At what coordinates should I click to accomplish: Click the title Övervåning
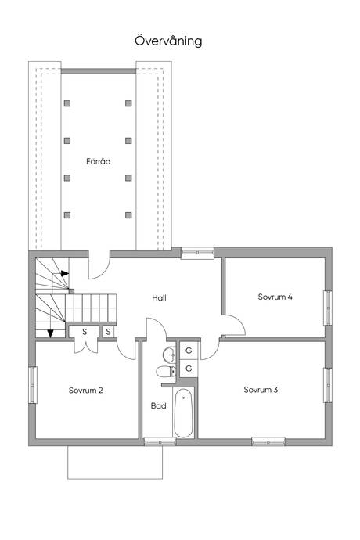point(168,41)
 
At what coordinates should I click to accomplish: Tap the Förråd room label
point(99,161)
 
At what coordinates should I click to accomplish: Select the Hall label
point(159,297)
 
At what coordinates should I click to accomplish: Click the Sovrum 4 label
point(275,297)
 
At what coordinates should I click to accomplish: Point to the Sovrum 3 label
point(261,390)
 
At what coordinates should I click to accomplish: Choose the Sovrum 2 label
point(86,391)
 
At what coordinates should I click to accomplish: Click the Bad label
point(158,405)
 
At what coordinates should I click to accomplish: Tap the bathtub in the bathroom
point(183,413)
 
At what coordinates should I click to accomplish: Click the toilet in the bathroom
point(166,372)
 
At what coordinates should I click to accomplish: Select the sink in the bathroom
point(169,355)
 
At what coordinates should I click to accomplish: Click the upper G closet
point(189,351)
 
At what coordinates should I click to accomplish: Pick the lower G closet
point(189,369)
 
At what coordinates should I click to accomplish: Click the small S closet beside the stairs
point(108,332)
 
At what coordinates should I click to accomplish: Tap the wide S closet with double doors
point(85,332)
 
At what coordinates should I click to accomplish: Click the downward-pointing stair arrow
point(51,333)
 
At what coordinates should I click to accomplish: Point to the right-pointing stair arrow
point(65,273)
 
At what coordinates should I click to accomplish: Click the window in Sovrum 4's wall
point(328,308)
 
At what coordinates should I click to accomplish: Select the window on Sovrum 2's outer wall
point(33,385)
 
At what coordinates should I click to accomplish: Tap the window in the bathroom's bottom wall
point(160,441)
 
